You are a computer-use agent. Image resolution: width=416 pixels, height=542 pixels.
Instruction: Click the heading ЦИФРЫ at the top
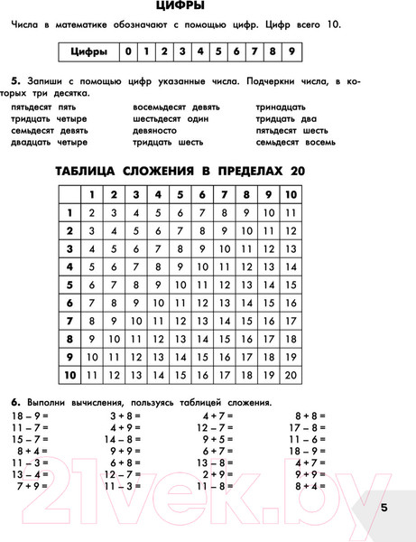pos(208,8)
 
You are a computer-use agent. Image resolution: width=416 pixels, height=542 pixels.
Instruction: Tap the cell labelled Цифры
pos(89,51)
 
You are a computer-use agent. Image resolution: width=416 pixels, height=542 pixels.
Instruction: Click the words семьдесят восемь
pos(297,141)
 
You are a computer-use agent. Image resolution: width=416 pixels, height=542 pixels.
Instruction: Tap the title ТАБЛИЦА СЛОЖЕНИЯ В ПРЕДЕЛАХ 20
pos(208,171)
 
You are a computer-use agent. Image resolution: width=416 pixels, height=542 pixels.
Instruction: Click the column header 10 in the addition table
pos(291,194)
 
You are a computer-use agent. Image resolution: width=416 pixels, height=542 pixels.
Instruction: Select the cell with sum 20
pos(291,372)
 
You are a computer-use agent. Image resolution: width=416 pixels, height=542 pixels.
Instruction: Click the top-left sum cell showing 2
pos(91,213)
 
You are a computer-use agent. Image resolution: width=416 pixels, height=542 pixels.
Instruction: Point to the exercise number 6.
pos(15,400)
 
